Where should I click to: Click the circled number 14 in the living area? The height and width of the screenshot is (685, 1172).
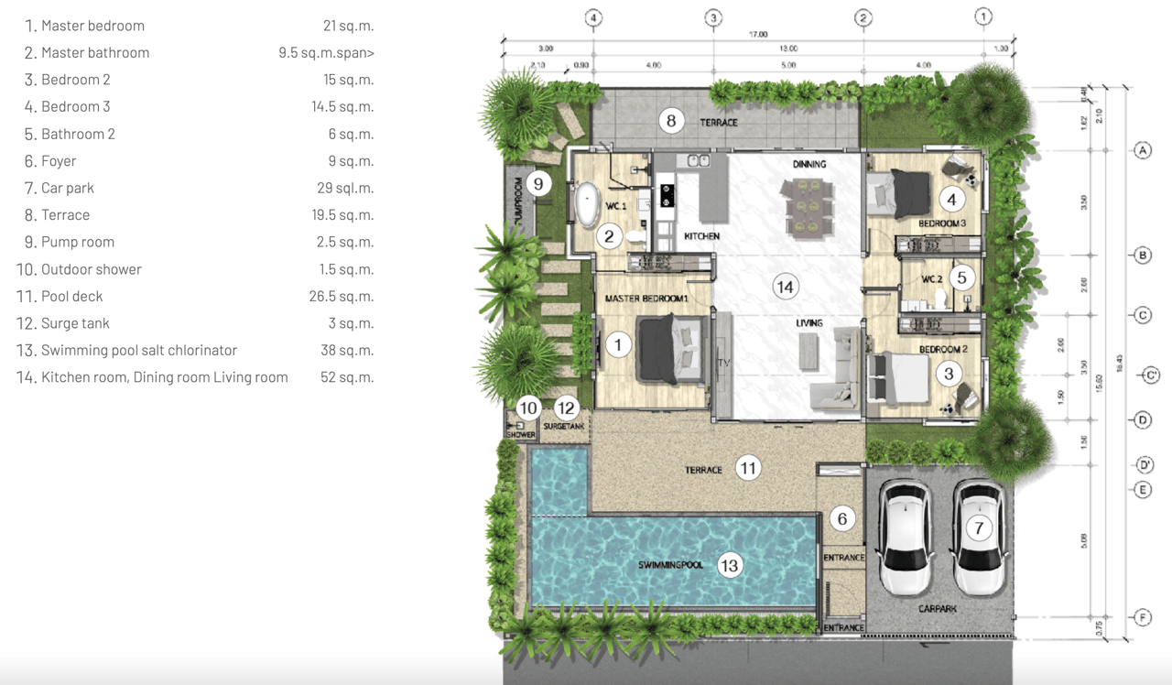point(785,287)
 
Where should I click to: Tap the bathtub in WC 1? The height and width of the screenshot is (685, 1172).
point(585,205)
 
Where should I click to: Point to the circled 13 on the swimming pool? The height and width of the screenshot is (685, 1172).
point(729,566)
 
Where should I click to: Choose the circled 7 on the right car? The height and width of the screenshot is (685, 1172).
point(979,527)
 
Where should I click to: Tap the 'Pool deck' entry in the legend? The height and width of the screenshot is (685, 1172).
point(72,297)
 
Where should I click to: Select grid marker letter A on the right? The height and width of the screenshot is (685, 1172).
point(1142,150)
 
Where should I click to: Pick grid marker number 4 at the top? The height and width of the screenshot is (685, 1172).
point(593,17)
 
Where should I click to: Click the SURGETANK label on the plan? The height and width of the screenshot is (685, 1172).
point(563,427)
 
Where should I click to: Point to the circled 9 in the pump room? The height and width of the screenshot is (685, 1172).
point(538,184)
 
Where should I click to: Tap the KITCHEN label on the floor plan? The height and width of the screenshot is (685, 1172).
point(701,236)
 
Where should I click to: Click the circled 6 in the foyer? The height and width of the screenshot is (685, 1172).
point(842,519)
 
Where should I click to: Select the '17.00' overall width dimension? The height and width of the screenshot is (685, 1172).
point(758,35)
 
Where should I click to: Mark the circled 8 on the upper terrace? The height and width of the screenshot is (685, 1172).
point(671,120)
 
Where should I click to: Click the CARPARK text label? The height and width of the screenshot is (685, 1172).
point(939,608)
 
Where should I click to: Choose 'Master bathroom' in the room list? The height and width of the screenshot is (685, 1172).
point(95,53)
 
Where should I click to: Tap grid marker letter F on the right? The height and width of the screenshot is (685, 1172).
point(1142,618)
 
